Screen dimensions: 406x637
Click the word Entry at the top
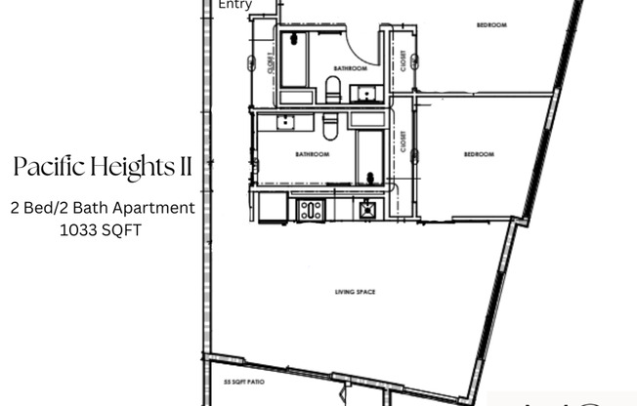pyautogui.click(x=234, y=5)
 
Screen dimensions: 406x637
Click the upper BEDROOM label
pyautogui.click(x=490, y=25)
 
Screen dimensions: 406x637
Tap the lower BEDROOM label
pyautogui.click(x=479, y=154)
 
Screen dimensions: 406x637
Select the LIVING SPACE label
pyautogui.click(x=355, y=292)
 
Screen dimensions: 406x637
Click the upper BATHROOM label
pyautogui.click(x=350, y=68)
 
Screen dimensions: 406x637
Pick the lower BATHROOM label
pyautogui.click(x=312, y=154)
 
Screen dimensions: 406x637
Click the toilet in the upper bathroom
pyautogui.click(x=333, y=91)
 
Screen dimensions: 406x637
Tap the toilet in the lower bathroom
pyautogui.click(x=329, y=123)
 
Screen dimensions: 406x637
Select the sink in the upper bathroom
pyautogui.click(x=364, y=94)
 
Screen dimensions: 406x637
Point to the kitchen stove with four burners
pyautogui.click(x=311, y=208)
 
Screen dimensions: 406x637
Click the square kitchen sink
pyautogui.click(x=367, y=208)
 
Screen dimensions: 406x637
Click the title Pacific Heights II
pyautogui.click(x=103, y=168)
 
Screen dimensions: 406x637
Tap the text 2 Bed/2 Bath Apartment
pyautogui.click(x=103, y=208)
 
